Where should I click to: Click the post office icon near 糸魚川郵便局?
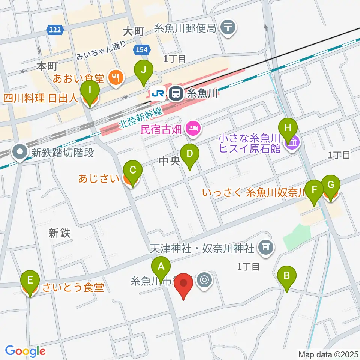click(x=228, y=27)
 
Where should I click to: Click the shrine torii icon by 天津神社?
click(x=265, y=247)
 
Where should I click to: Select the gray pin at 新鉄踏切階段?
click(x=19, y=152)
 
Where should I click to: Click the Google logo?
click(x=25, y=351)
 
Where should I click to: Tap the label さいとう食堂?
click(x=73, y=288)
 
